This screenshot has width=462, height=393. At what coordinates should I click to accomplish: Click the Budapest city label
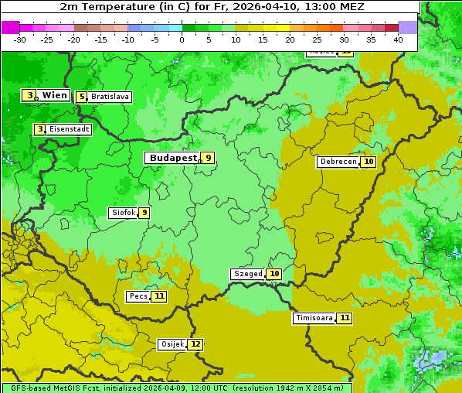tap(173, 158)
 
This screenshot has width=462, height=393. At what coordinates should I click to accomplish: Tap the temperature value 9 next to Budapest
tap(207, 158)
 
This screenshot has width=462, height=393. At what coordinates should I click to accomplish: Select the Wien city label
tap(54, 95)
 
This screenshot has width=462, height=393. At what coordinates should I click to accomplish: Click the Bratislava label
tap(110, 97)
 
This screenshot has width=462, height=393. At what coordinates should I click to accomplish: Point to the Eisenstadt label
tap(69, 129)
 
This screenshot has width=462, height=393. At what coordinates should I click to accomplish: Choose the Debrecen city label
tap(338, 162)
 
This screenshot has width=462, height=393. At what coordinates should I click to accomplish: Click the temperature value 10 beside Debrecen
tap(369, 162)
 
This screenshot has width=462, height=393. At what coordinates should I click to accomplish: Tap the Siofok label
tap(123, 213)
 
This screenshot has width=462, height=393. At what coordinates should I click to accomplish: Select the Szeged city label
tap(248, 274)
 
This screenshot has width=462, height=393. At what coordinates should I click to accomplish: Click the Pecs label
tap(138, 296)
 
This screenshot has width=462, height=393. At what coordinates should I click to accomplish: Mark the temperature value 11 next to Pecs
tap(159, 296)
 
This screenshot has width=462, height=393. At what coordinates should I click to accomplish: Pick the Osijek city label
tap(172, 344)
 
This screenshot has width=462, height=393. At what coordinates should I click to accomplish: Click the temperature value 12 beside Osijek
tap(195, 344)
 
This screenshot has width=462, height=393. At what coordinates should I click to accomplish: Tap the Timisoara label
tap(314, 318)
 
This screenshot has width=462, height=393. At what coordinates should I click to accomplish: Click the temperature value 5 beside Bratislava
tap(81, 97)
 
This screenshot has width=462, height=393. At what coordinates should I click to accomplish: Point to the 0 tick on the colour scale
tap(182, 39)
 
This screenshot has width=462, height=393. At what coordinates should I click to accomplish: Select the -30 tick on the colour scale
tap(20, 39)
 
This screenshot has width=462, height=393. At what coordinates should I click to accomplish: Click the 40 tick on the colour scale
tap(398, 39)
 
